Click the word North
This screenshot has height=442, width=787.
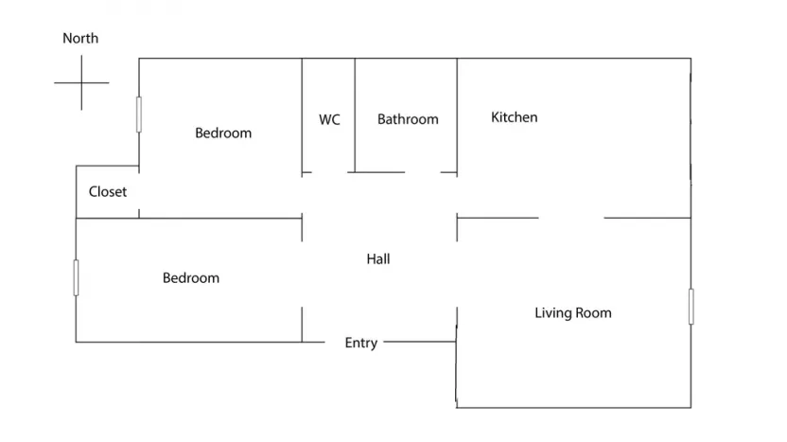[x=80, y=38]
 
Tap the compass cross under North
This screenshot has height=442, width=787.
[x=81, y=82]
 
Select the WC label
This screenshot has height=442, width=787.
[x=329, y=119]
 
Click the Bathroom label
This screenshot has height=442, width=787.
[x=408, y=119]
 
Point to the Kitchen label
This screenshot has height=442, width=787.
[x=514, y=117]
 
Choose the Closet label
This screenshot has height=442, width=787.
[x=108, y=191]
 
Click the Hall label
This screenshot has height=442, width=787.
[x=378, y=258]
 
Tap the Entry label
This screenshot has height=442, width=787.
[x=361, y=343]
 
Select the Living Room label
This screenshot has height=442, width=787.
[x=572, y=313]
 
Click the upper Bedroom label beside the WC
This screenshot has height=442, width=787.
[x=223, y=133]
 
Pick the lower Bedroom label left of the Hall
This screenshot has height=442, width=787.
[x=191, y=277]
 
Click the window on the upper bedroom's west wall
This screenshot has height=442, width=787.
[x=139, y=115]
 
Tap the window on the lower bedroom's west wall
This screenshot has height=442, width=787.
[x=76, y=277]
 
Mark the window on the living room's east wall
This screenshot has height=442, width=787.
[x=691, y=307]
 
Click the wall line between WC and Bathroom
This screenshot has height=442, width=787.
[x=355, y=115]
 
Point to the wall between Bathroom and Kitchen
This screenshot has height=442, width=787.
[x=457, y=116]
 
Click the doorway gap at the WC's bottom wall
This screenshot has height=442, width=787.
[x=329, y=172]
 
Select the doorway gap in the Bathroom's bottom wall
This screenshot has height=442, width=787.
[x=423, y=172]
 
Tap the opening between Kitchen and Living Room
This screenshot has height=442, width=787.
[x=571, y=218]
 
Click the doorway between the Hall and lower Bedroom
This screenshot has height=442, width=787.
[x=302, y=274]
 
